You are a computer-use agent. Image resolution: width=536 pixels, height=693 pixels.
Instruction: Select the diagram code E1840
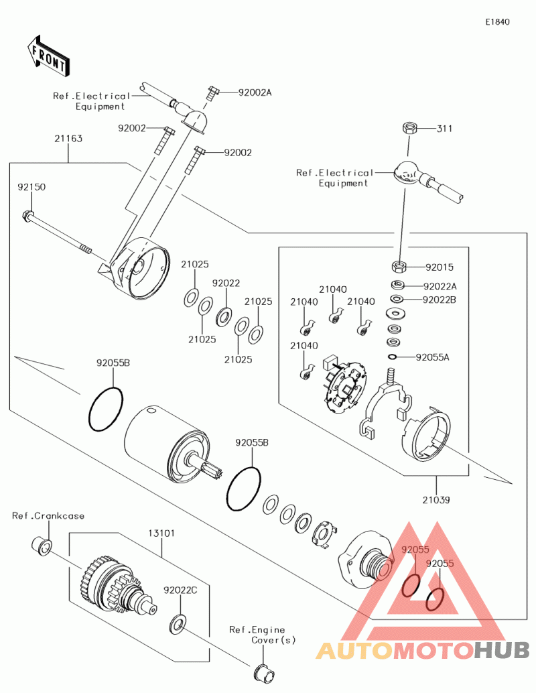point(498,22)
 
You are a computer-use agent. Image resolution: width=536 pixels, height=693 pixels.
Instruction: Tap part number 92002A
point(255,92)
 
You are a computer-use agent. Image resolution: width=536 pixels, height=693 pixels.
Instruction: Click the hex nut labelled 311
point(409,128)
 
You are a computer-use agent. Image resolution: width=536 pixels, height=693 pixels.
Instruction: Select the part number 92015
point(439,267)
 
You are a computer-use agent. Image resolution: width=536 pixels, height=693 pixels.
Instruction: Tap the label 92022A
point(440,286)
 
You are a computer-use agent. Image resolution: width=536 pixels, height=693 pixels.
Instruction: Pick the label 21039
point(436,499)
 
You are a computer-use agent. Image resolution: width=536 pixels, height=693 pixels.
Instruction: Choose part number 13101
point(161,533)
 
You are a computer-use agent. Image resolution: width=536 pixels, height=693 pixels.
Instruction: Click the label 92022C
point(180,590)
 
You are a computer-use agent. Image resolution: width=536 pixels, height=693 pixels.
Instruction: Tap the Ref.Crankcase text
point(48,515)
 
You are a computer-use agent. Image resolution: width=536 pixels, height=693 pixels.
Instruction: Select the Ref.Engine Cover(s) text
point(262,635)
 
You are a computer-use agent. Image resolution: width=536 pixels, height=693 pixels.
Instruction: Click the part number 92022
point(226,283)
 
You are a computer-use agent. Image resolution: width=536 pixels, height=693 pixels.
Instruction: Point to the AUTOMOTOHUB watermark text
point(423,649)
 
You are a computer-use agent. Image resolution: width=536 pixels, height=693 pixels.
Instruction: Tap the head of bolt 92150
point(28,216)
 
